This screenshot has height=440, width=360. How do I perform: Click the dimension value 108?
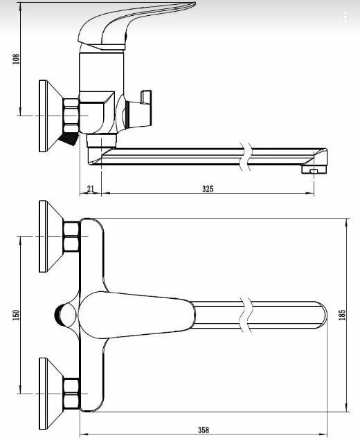coord(16,59)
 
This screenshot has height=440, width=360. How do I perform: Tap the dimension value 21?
coord(90,189)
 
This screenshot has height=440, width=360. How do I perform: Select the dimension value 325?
coord(208,189)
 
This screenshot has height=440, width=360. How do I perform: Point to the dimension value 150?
coord(16,315)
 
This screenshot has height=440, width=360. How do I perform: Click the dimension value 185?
coord(342,315)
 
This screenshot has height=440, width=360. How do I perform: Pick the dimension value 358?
coord(204,430)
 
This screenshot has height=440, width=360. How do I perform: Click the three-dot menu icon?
coord(345,17)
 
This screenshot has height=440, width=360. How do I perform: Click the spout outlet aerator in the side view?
coord(314,169)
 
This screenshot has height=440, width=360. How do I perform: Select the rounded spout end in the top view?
coord(323,315)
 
